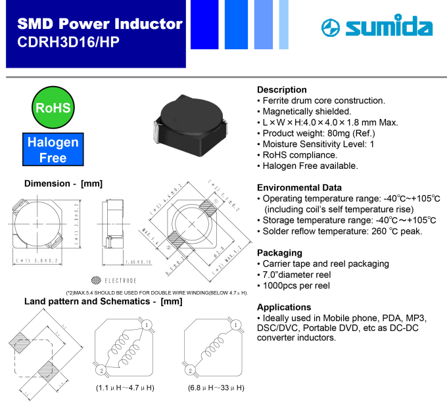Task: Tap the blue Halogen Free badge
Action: [x=53, y=150]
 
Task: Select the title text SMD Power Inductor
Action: [x=100, y=24]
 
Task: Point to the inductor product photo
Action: [x=189, y=122]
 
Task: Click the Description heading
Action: [x=281, y=89]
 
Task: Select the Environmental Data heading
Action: [x=299, y=187]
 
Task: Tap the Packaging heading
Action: [x=279, y=252]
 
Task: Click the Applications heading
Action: [x=284, y=307]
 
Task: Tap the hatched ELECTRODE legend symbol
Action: [x=97, y=280]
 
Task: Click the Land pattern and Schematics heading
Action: [x=103, y=301]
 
